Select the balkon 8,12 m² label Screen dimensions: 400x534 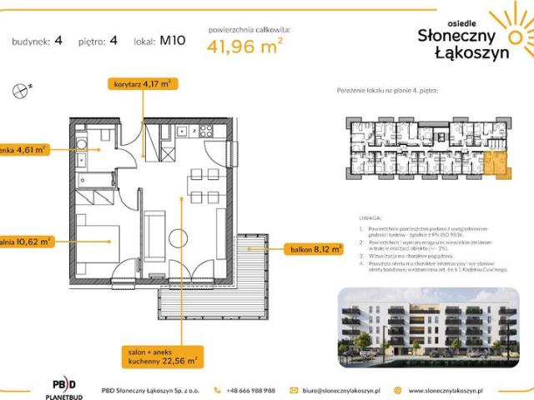coord(315,248)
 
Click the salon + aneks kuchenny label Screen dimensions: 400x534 coord(163,356)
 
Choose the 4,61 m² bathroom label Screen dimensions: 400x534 coord(23,150)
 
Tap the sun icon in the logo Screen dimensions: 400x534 coord(511,31)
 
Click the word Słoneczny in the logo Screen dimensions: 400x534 coord(457,34)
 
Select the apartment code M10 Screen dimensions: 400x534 coord(172,40)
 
